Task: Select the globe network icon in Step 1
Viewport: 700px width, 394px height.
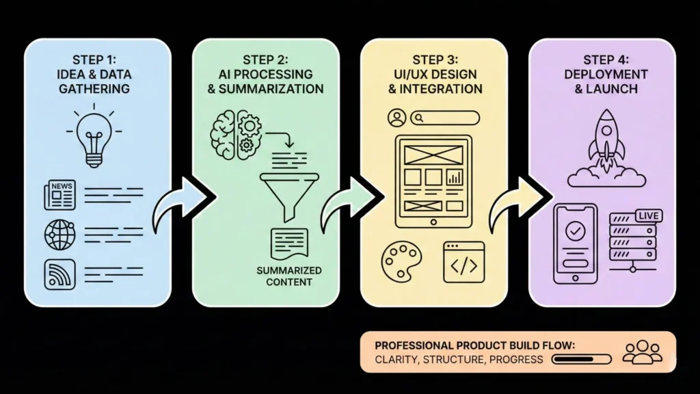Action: pyautogui.click(x=59, y=234)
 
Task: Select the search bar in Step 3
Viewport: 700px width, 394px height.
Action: pyautogui.click(x=445, y=118)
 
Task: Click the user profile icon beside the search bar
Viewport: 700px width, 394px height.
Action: pyautogui.click(x=396, y=118)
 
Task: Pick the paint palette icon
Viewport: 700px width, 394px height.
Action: pyautogui.click(x=401, y=260)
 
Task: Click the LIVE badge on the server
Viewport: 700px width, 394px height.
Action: pyautogui.click(x=649, y=215)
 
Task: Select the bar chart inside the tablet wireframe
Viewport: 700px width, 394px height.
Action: pyautogui.click(x=453, y=178)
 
